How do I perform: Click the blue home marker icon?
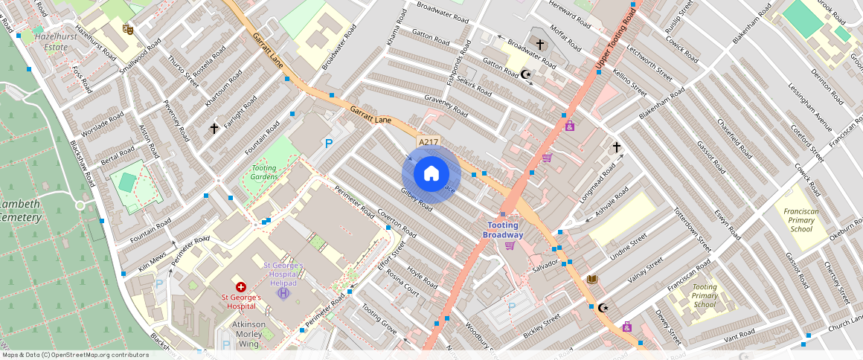pos(431,174)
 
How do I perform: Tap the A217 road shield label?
pos(429,142)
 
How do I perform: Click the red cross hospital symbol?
pos(240,286)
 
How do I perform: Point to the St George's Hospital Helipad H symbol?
pos(282,294)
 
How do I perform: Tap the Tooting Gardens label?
pos(264,172)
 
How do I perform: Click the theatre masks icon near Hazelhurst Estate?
pos(128,29)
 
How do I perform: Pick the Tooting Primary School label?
pos(705,295)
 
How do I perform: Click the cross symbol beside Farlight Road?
pos(214,129)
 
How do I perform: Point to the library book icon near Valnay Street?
pos(592,280)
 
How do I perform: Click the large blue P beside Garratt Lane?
pos(328,143)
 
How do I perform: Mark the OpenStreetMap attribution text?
pos(75,355)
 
